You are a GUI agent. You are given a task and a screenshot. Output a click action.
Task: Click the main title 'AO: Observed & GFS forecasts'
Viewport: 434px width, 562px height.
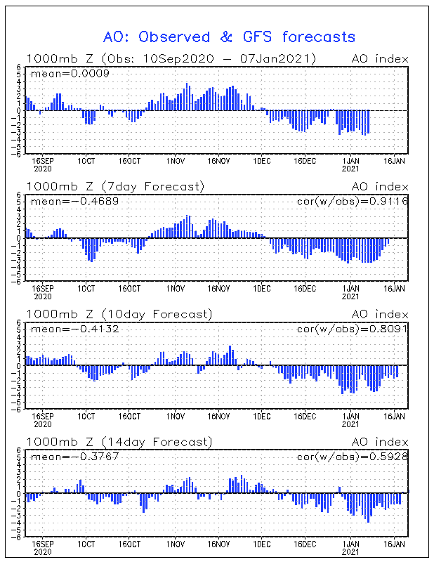(229, 37)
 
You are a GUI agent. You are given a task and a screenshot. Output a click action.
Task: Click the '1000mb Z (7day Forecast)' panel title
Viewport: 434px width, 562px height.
(115, 187)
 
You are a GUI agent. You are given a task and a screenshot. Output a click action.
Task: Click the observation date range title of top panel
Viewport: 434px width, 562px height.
(171, 58)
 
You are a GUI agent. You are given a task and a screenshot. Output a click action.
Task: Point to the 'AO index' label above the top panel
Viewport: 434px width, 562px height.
(379, 58)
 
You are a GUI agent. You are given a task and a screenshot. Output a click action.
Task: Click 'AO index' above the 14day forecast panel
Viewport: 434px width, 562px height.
(379, 442)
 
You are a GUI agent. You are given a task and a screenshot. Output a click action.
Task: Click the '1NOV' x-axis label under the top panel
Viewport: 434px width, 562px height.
(175, 160)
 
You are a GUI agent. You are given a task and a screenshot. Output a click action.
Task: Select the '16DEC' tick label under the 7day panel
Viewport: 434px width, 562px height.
(305, 288)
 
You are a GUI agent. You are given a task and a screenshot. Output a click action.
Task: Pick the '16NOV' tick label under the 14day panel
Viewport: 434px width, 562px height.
(219, 544)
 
